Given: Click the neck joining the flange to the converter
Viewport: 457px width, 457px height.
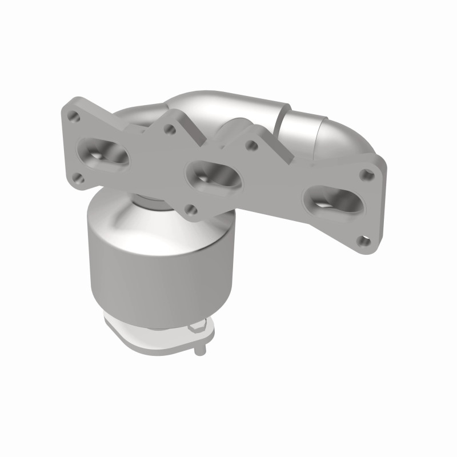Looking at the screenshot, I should [x=151, y=200].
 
